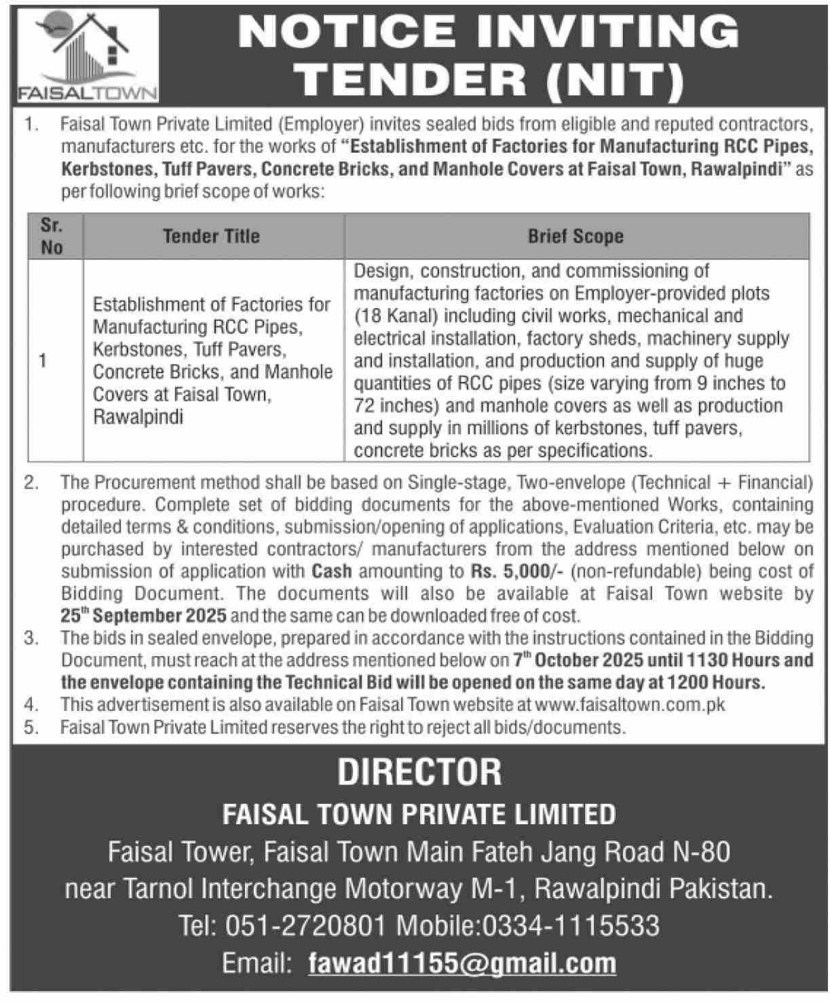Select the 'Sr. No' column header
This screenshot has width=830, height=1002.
click(52, 236)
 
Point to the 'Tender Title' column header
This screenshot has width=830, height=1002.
click(211, 236)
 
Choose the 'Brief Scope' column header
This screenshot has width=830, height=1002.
click(576, 236)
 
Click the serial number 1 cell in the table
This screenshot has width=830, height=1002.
click(43, 361)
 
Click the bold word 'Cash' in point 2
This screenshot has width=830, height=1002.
click(332, 571)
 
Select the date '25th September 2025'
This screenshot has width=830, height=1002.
click(145, 616)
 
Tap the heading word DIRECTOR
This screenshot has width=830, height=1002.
click(419, 773)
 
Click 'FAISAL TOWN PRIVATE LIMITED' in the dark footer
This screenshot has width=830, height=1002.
click(419, 814)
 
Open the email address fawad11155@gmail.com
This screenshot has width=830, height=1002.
click(461, 963)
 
